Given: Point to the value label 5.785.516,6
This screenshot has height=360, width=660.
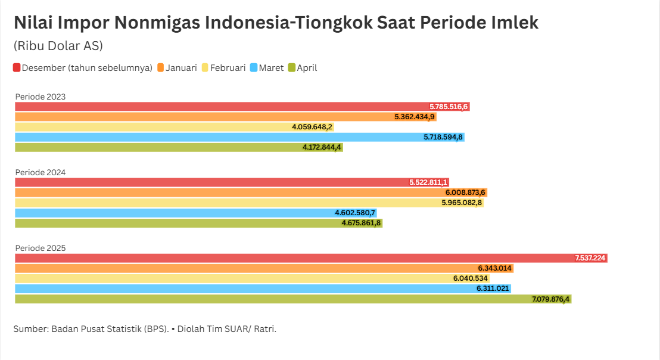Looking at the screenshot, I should [x=449, y=107].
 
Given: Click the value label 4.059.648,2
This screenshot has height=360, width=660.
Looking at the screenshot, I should [x=312, y=127].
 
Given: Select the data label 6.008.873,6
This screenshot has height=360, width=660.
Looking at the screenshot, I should [x=465, y=193].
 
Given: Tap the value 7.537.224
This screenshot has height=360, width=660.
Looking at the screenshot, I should [x=590, y=258].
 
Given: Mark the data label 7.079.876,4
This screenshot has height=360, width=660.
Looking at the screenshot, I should [x=551, y=299].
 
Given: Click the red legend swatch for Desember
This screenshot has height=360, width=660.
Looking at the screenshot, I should [x=17, y=68].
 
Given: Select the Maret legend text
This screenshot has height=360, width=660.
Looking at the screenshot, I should [x=271, y=68].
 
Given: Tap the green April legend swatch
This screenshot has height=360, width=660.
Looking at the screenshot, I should [x=292, y=68].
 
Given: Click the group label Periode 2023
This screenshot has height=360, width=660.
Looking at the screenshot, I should [x=41, y=97].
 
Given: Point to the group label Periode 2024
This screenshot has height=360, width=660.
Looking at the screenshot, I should [x=41, y=172].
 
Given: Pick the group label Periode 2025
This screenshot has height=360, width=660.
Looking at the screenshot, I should [x=41, y=248].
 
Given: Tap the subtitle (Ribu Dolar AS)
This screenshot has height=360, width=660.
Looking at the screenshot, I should [x=58, y=46].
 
